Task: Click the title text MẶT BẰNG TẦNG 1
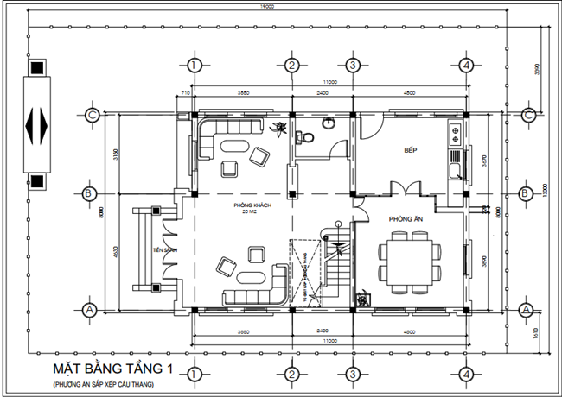pyautogui.click(x=112, y=369)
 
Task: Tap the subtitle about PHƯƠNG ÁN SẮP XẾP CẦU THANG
pyautogui.click(x=107, y=383)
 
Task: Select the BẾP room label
pyautogui.click(x=411, y=150)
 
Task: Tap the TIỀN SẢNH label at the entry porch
pyautogui.click(x=164, y=250)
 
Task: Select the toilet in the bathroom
pyautogui.click(x=303, y=138)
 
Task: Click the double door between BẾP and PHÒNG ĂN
pyautogui.click(x=405, y=188)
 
